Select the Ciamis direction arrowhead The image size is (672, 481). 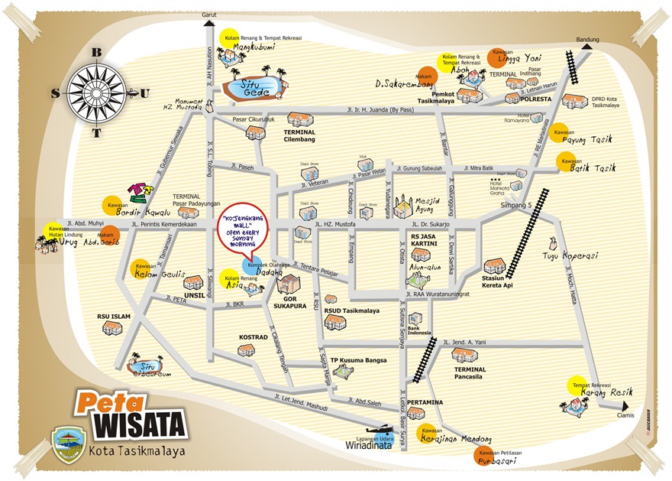click(x=625, y=406)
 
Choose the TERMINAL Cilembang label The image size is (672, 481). click(x=300, y=136)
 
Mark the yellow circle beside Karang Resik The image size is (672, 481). click(x=577, y=385)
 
